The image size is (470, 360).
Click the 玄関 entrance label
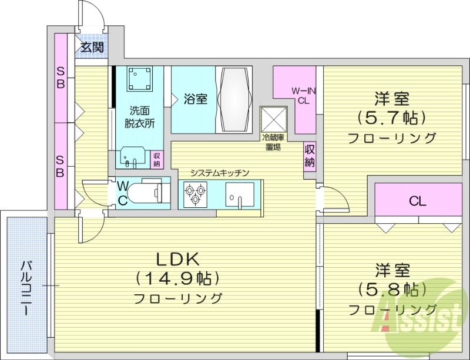click(x=92, y=47)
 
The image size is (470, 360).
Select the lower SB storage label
click(x=61, y=165)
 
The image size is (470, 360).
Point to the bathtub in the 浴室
click(x=235, y=100)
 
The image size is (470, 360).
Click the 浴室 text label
click(x=195, y=99)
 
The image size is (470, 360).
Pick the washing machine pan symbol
click(x=139, y=78)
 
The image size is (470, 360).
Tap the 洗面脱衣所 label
click(x=139, y=116)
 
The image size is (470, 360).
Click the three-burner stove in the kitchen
click(x=195, y=194)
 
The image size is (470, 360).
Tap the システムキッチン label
click(x=220, y=173)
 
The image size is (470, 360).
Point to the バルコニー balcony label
click(x=27, y=288)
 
